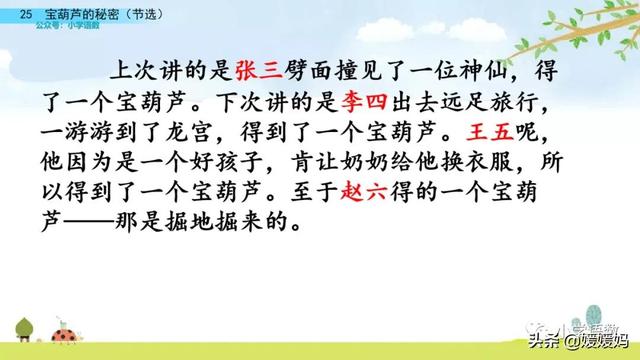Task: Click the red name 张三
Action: click(x=258, y=69)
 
